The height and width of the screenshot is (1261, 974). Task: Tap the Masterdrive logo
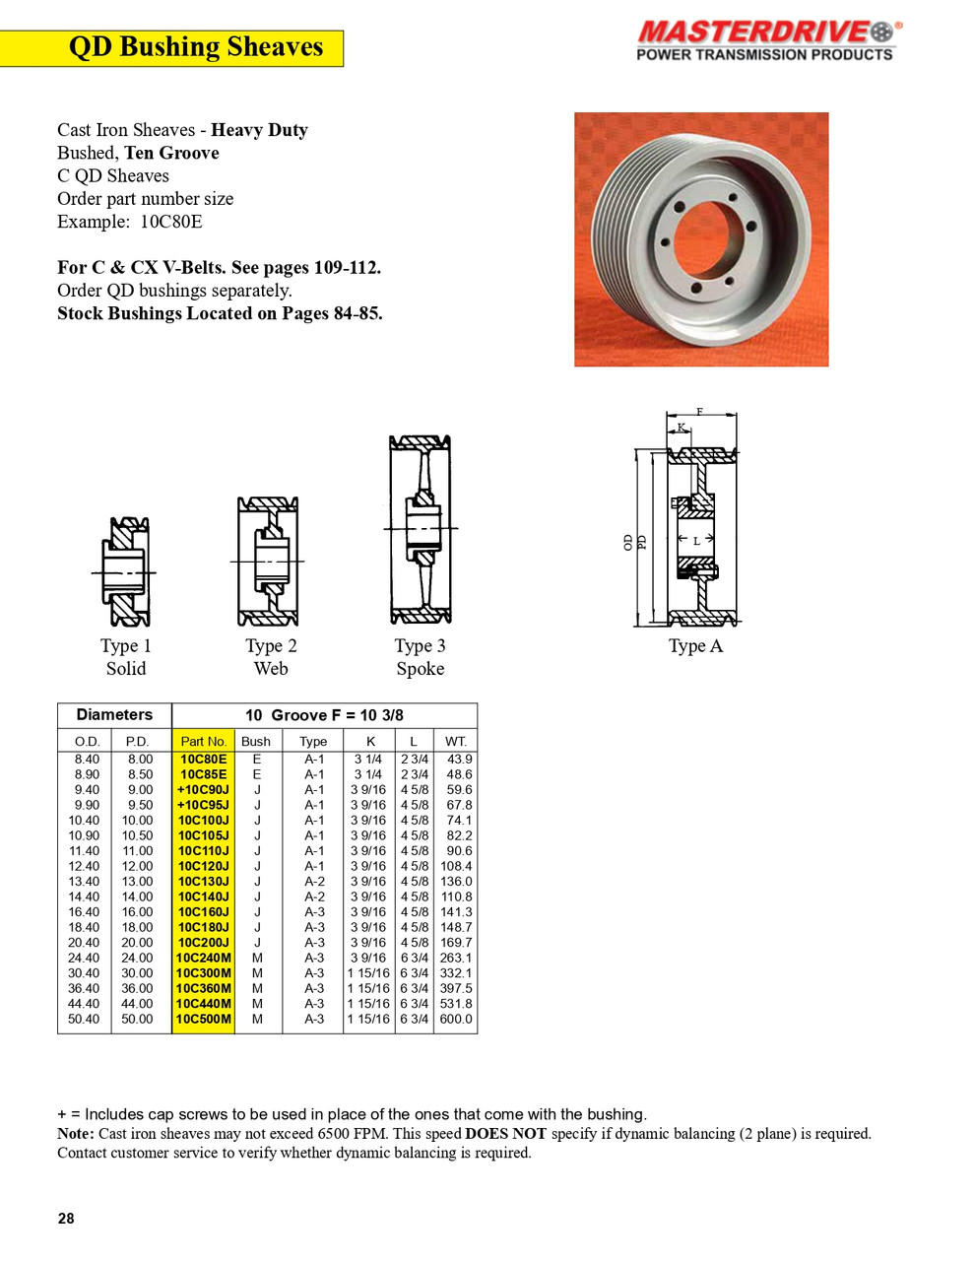tap(766, 40)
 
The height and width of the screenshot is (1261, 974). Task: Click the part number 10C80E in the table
tap(204, 760)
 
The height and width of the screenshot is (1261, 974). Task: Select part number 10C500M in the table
tap(204, 1020)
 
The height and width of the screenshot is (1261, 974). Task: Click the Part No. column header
tap(204, 741)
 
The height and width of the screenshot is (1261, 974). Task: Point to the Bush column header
tap(256, 741)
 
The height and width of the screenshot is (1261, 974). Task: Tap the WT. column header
tap(456, 741)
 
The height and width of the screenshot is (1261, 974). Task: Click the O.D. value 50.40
tap(84, 1020)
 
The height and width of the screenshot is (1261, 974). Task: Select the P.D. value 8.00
tap(140, 760)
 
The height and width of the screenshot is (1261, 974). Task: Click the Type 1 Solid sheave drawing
tap(126, 571)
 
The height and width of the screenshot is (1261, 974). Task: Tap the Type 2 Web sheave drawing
tap(268, 562)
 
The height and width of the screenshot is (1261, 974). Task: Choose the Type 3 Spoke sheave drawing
tap(421, 530)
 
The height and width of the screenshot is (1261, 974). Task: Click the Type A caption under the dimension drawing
tap(695, 646)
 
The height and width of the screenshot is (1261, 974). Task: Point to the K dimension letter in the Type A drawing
tap(681, 428)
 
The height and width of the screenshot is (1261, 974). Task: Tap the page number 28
tap(66, 1219)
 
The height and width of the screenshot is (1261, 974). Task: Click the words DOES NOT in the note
tap(505, 1134)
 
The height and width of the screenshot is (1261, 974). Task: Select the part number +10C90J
tap(203, 790)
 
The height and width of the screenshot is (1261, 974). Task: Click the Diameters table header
tap(114, 715)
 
